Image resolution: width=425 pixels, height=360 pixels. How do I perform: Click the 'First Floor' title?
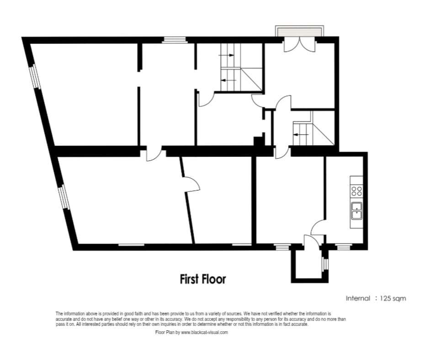(x=203, y=279)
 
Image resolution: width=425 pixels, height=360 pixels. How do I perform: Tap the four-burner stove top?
(x=356, y=191)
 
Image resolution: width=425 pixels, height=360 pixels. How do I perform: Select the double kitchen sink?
(x=356, y=211)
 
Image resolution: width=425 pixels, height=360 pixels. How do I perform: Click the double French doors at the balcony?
(x=299, y=45)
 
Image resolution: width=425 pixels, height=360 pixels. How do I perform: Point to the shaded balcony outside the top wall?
(x=299, y=32)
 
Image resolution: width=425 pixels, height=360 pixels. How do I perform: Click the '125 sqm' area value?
(x=393, y=298)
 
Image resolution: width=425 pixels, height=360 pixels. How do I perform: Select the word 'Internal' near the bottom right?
(x=358, y=298)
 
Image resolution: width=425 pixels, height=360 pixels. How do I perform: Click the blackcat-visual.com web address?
(x=204, y=333)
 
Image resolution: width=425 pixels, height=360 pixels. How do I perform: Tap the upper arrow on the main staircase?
(x=226, y=55)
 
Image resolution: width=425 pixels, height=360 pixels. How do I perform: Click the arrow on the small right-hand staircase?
(x=301, y=134)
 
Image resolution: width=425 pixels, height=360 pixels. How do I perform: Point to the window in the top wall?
(x=175, y=40)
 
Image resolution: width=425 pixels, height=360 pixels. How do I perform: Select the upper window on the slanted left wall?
(x=35, y=77)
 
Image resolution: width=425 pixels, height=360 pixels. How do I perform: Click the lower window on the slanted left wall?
(x=64, y=197)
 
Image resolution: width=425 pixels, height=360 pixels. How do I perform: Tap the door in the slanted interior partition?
(x=191, y=185)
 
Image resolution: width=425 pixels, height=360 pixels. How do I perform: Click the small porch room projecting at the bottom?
(x=309, y=264)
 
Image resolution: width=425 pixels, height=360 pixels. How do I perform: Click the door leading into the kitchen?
(x=318, y=227)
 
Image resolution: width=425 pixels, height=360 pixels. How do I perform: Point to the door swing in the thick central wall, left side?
(x=154, y=154)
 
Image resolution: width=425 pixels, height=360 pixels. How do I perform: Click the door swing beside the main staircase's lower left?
(x=206, y=99)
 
